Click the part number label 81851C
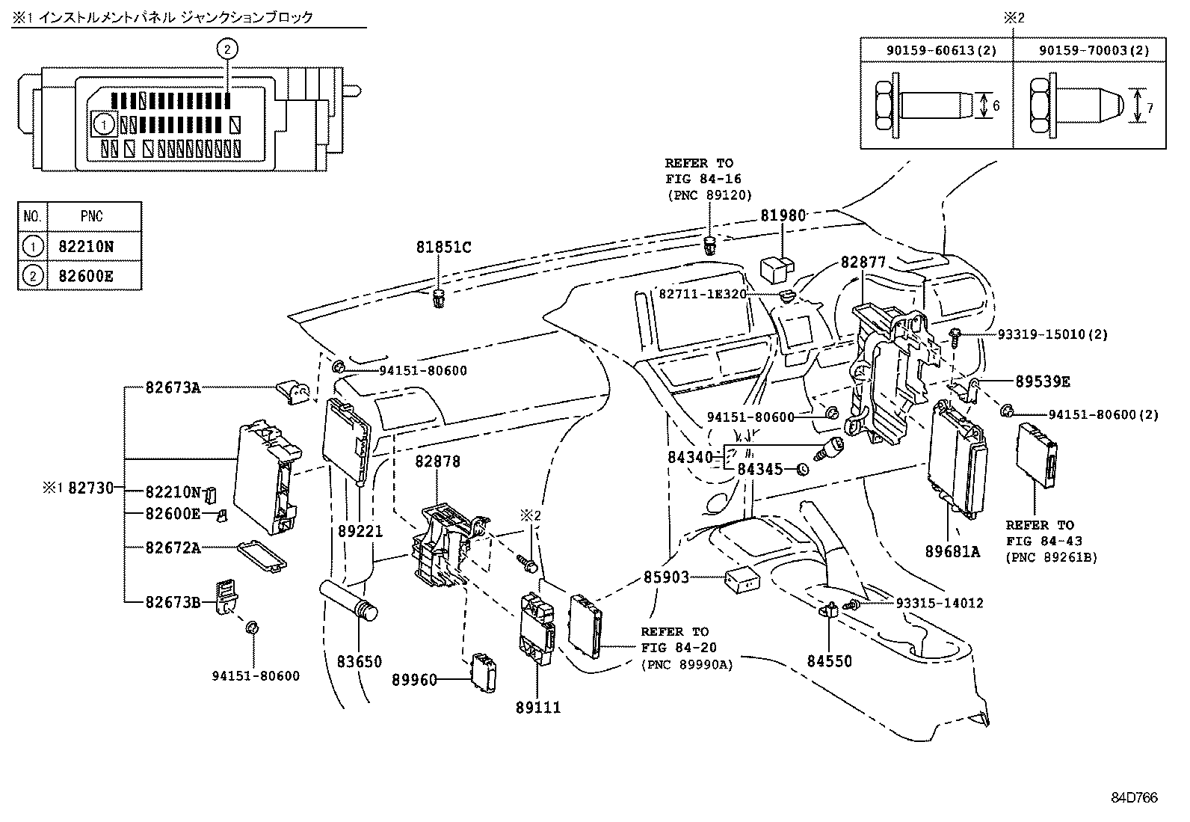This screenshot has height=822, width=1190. point(444,248)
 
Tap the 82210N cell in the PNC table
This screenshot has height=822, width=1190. point(86,247)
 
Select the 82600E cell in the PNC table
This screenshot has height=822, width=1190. point(86,277)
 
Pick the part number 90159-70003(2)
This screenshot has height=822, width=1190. point(1088,50)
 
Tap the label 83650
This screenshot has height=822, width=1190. point(359,661)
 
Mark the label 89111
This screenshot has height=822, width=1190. point(538,707)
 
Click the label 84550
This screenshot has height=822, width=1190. point(829,661)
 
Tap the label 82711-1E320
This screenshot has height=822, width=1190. point(703,295)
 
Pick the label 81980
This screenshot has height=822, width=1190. point(783,216)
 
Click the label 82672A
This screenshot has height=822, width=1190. point(173,548)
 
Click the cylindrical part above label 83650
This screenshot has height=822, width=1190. point(351,598)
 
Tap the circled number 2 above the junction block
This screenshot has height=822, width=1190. point(227,49)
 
